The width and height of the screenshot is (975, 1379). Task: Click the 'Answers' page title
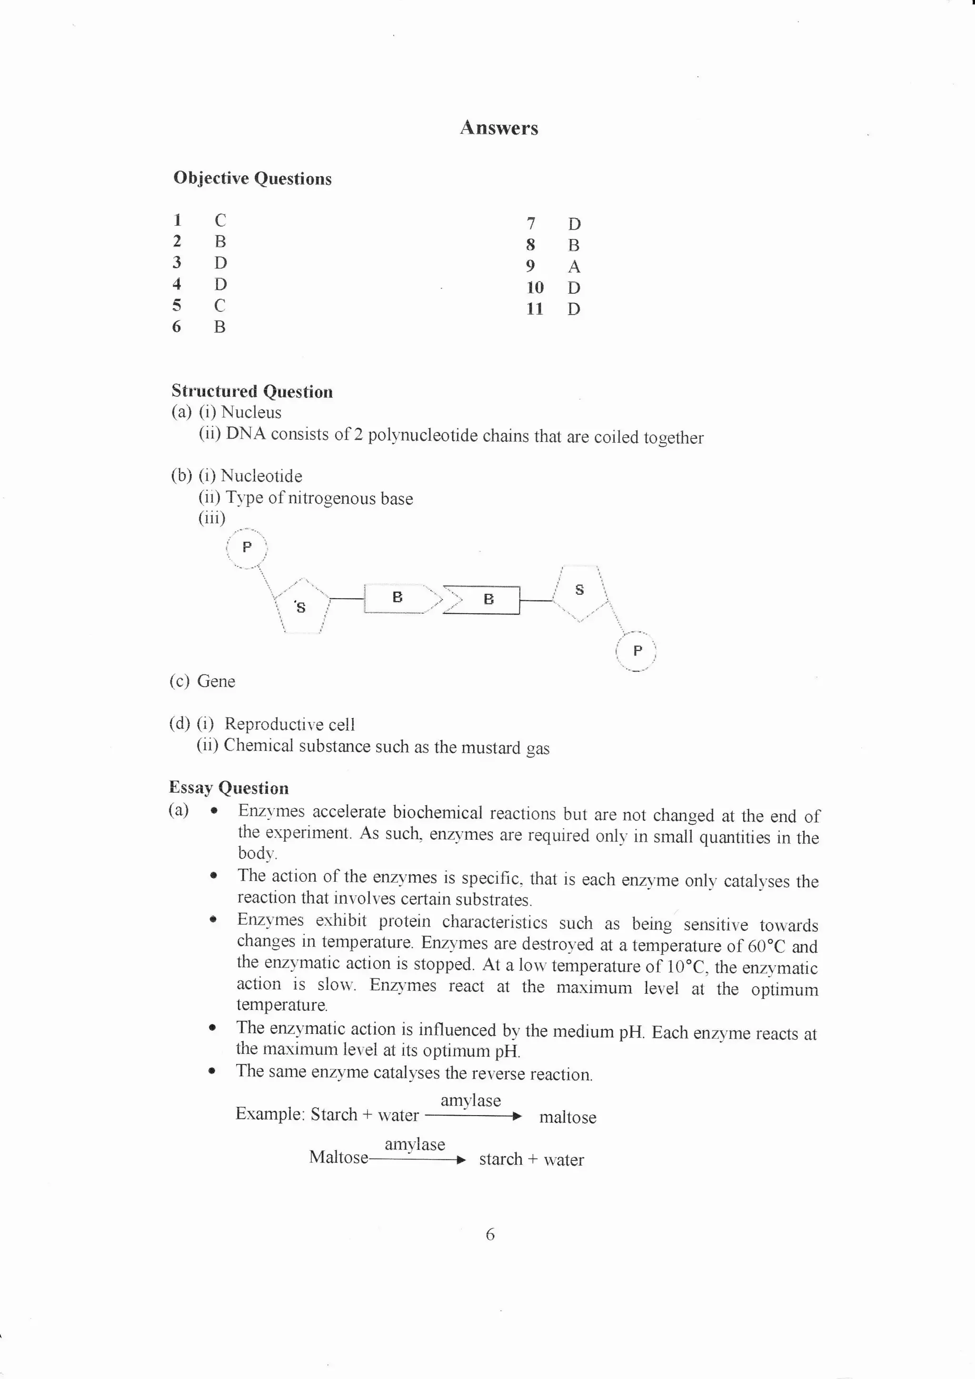coord(499,128)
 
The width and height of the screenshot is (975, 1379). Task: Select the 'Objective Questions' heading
coord(252,179)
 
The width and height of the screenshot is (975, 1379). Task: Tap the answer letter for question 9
coord(574,266)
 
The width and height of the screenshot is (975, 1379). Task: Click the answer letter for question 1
coord(220,220)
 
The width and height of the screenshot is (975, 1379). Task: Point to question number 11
coord(534,309)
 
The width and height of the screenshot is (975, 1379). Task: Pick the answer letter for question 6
coord(220,327)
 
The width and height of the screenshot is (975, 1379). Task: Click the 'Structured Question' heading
coord(252,391)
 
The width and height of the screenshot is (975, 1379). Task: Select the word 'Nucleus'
coord(251,412)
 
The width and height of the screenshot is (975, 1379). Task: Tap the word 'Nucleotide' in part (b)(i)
coord(261,476)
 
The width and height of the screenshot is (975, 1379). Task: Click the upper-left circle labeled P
coord(247,548)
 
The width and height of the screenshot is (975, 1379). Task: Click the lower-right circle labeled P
coord(637,650)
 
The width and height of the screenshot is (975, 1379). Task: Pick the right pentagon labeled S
coord(579,591)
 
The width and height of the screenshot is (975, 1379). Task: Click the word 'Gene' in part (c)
coord(216,681)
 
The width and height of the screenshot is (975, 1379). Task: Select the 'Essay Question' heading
coord(229,788)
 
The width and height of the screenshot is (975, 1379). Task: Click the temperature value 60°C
coord(766,947)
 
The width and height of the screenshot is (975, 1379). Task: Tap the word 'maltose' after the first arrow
coord(567,1118)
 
